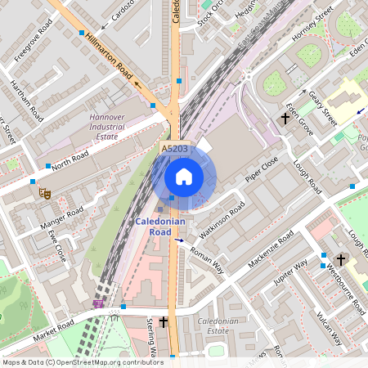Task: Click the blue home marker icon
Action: tap(184, 177)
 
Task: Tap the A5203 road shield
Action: tap(174, 149)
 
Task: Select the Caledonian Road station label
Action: tap(159, 227)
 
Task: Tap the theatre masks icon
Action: tap(43, 193)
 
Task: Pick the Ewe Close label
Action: tap(56, 245)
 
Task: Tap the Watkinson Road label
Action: tap(224, 219)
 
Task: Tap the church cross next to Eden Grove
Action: tap(285, 119)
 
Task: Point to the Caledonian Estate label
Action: tap(217, 327)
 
